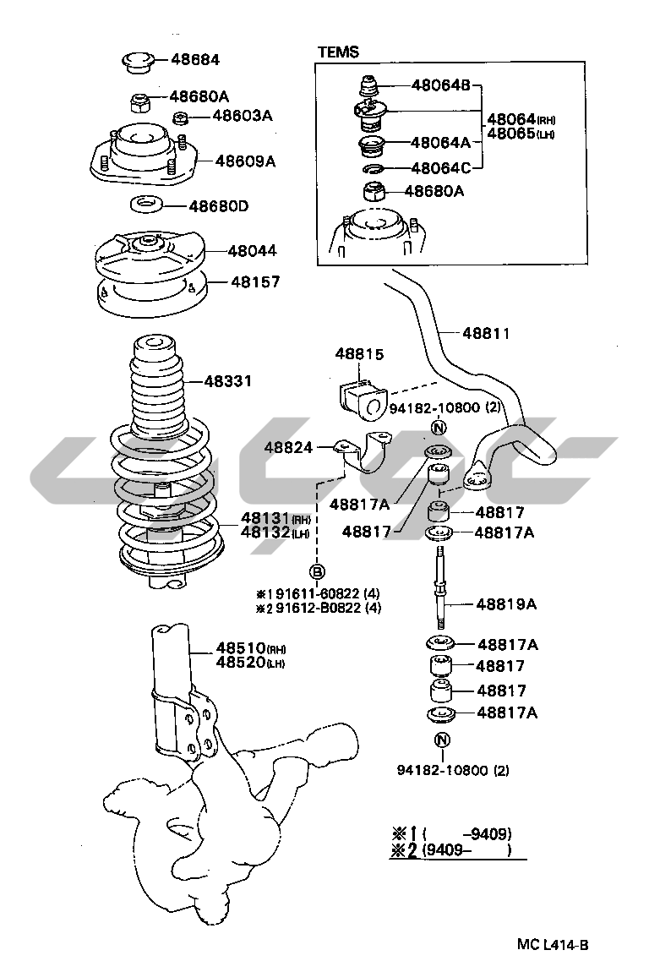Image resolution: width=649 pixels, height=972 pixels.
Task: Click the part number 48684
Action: coord(195,60)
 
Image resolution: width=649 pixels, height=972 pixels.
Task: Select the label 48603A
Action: coord(243,115)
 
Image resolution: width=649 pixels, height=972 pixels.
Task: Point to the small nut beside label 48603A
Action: coord(181,117)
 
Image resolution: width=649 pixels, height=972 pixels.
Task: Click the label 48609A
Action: coord(245,161)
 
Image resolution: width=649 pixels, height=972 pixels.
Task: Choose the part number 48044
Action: coord(253,251)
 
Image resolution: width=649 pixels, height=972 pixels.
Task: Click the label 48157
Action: coord(255,282)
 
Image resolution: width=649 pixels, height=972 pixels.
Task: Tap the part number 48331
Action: coord(228,380)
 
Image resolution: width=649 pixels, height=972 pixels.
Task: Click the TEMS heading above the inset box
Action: coord(339,52)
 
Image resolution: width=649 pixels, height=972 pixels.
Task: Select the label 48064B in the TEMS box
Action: coord(441,85)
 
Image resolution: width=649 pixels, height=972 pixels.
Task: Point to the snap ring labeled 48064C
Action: coord(374,168)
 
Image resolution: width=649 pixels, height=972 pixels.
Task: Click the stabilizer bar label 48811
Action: coord(486,333)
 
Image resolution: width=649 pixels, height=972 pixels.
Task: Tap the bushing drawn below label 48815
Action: coord(363,396)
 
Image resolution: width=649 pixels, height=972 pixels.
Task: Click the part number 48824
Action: coord(288,447)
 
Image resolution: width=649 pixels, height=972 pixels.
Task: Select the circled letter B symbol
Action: coord(317,571)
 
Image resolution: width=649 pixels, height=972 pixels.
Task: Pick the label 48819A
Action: coord(506,603)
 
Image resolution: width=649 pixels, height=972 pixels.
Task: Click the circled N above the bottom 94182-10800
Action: coord(442,740)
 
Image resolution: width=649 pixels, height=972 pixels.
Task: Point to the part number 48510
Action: coord(241,648)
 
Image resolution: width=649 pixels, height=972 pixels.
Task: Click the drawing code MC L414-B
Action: coord(553,945)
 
